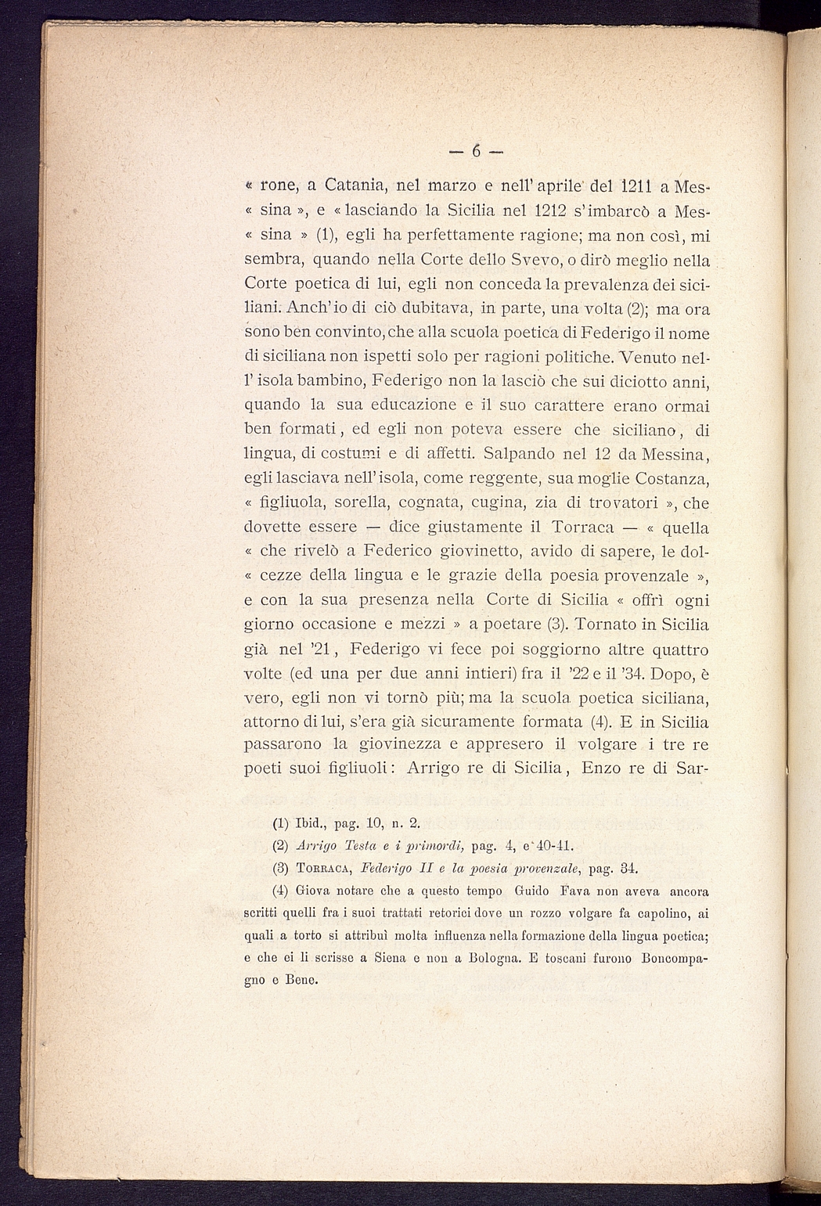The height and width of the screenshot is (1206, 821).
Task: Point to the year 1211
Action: point(626,185)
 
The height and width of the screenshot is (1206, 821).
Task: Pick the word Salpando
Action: point(519,453)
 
